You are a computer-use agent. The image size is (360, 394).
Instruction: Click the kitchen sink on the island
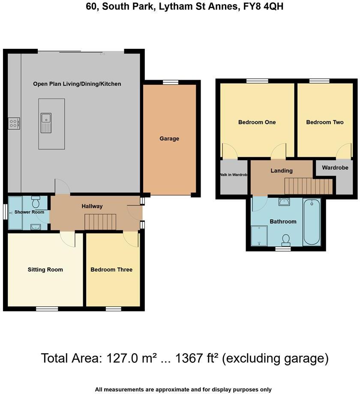(45, 123)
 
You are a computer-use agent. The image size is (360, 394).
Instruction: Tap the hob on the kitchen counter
(14, 124)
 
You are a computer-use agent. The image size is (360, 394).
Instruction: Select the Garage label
(169, 138)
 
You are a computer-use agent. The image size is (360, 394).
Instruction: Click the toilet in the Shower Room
(36, 201)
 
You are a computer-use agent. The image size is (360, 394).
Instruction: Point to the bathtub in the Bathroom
(312, 222)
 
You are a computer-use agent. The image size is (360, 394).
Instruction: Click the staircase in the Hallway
(100, 222)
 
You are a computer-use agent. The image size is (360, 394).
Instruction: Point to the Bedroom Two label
(325, 122)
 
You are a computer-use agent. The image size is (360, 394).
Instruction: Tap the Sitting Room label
(45, 269)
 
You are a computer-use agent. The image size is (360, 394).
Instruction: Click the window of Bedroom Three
(113, 308)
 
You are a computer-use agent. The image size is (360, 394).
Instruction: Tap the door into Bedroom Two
(344, 152)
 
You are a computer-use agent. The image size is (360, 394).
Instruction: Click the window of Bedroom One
(257, 81)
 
